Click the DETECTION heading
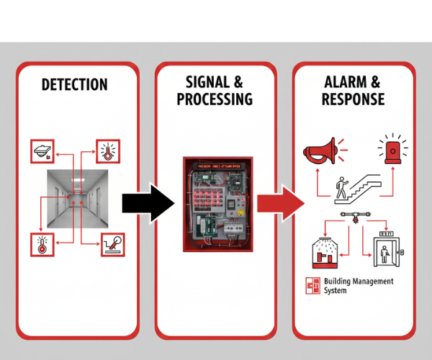pyautogui.click(x=74, y=85)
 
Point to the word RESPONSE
pyautogui.click(x=354, y=99)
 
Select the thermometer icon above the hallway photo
pyautogui.click(x=108, y=152)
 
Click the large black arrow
pyautogui.click(x=148, y=199)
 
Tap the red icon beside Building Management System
pyautogui.click(x=312, y=286)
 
